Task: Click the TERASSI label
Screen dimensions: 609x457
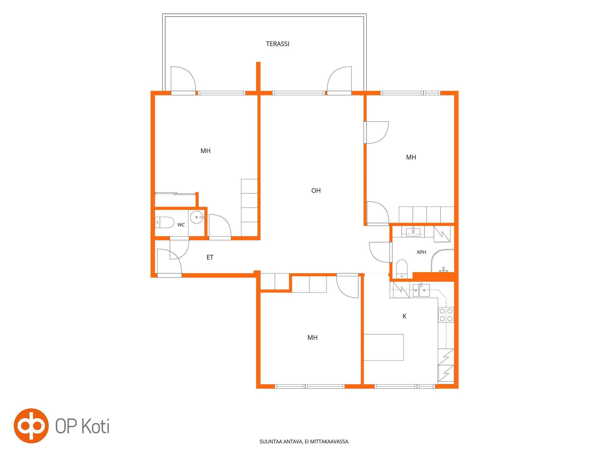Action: click(278, 44)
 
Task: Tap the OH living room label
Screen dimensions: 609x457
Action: click(316, 191)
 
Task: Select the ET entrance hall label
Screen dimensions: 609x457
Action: click(210, 257)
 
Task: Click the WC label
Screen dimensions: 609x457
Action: click(181, 225)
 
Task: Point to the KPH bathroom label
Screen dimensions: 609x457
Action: click(421, 252)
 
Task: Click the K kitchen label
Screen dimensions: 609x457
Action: click(404, 316)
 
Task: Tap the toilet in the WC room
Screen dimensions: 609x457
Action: click(164, 222)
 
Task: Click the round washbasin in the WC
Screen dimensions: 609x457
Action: click(197, 217)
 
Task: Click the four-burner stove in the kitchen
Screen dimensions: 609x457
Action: click(446, 315)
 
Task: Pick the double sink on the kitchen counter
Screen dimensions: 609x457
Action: click(421, 290)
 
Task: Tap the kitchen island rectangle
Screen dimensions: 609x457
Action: click(383, 347)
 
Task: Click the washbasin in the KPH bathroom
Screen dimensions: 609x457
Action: click(413, 232)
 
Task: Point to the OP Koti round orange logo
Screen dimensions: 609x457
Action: click(31, 426)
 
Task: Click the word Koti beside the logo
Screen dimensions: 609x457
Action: click(96, 426)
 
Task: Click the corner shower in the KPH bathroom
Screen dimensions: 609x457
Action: click(442, 261)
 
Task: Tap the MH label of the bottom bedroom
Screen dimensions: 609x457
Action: click(312, 338)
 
